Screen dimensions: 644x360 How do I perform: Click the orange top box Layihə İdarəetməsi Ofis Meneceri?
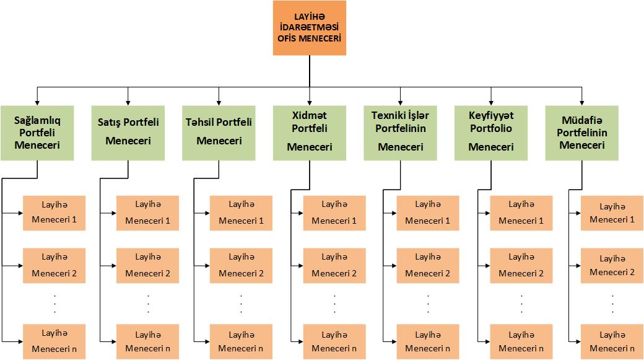[x=310, y=28]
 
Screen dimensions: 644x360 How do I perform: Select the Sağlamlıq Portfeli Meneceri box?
[x=37, y=133]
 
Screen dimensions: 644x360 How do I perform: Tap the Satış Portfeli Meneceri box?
[x=128, y=133]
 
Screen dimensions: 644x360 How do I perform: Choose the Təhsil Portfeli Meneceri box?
[x=219, y=133]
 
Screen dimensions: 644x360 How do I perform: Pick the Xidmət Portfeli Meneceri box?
[x=310, y=133]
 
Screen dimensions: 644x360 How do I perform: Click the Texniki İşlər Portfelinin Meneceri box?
[x=401, y=133]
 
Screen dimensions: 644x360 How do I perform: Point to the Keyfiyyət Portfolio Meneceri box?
[x=491, y=133]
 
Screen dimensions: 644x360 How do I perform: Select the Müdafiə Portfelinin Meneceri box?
[x=582, y=133]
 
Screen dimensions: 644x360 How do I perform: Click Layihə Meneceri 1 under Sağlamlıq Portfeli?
[x=54, y=213]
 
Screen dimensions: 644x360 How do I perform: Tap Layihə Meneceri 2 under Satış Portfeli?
[x=148, y=265]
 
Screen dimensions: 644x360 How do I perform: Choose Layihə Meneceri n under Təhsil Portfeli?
[x=241, y=341]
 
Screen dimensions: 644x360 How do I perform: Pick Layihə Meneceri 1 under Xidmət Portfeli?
[x=335, y=213]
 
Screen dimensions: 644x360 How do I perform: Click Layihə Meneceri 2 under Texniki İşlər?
[x=428, y=265]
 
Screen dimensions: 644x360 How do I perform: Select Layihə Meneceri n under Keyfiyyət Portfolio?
[x=521, y=341]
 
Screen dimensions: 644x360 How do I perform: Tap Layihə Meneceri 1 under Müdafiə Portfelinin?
[x=612, y=213]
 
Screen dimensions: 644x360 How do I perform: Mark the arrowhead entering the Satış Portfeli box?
[x=128, y=103]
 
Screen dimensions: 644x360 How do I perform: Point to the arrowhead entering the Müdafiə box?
[x=582, y=103]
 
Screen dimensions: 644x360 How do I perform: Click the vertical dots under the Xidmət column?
[x=335, y=304]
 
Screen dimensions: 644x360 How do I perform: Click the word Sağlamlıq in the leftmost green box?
[x=37, y=121]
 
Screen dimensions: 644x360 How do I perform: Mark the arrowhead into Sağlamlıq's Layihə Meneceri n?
[x=20, y=341]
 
